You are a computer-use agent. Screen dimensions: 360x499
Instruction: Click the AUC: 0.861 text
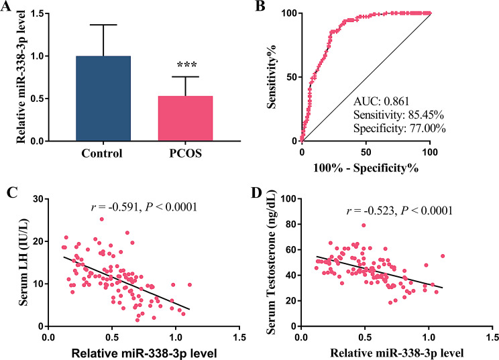382,101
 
